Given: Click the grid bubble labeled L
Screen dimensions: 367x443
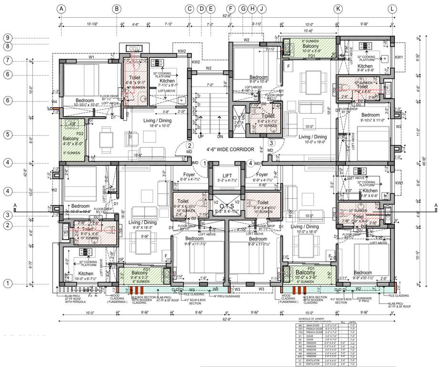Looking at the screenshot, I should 392,9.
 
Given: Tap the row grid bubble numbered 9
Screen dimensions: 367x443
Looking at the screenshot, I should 8,38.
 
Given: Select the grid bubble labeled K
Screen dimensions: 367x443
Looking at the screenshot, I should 338,9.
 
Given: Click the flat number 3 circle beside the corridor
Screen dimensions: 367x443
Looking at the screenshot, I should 271,142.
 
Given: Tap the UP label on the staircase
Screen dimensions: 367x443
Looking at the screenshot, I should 201,136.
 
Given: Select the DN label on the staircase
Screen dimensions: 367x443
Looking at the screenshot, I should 220,136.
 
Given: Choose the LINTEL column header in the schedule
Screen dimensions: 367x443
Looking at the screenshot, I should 353,323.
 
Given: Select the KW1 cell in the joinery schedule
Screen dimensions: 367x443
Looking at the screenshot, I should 299,356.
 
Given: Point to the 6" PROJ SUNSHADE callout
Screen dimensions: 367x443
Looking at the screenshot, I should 226,297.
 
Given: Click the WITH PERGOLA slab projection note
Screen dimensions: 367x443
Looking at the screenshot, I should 73,302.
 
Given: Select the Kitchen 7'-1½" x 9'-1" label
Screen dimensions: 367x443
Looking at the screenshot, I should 167,84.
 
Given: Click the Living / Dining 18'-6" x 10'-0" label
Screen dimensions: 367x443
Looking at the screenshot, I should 151,123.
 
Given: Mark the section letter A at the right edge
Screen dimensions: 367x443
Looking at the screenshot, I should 435,206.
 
